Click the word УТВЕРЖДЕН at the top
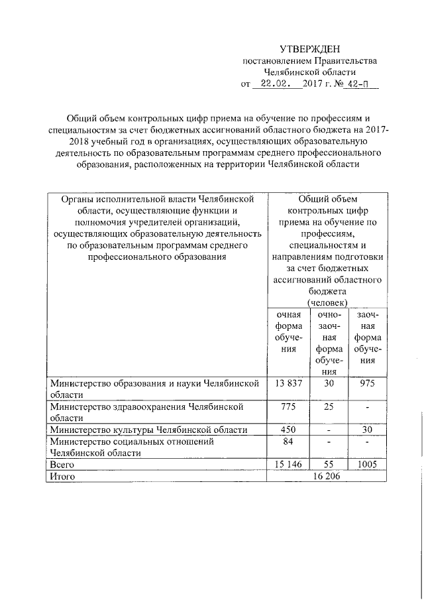[x=309, y=49]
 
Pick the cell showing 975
[x=367, y=383]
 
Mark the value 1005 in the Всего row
[x=367, y=465]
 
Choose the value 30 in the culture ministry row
[x=367, y=430]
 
